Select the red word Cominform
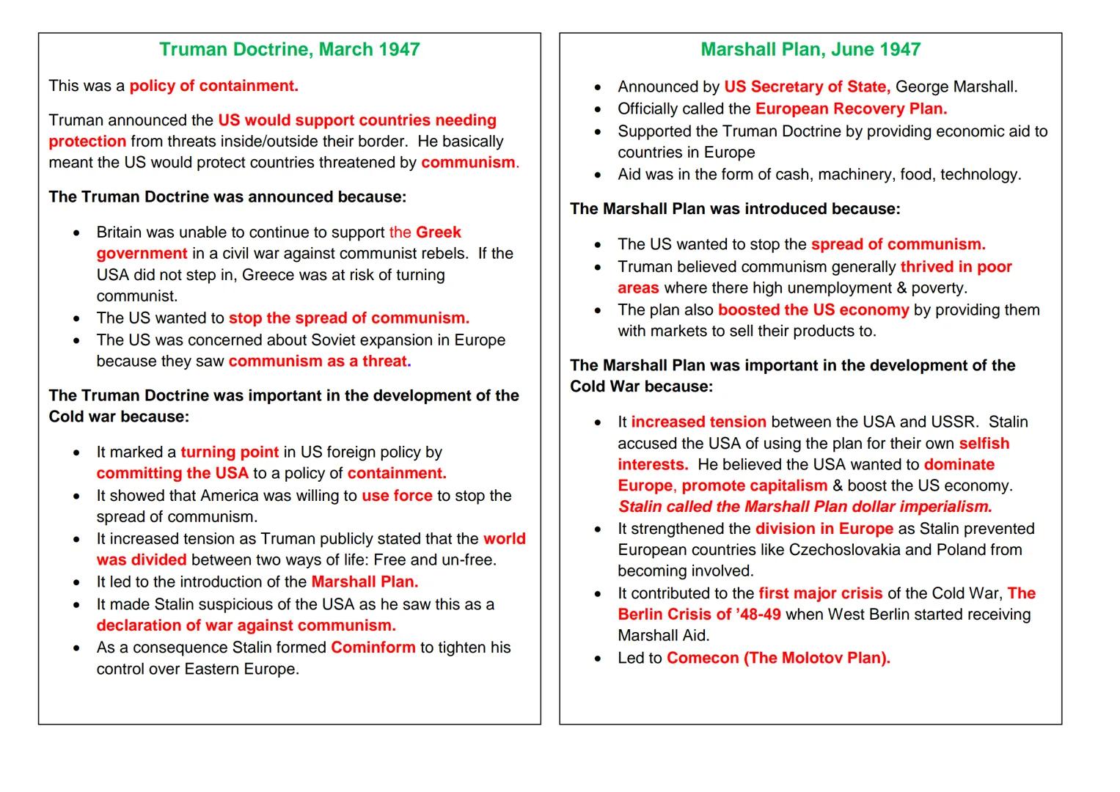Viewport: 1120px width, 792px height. point(373,648)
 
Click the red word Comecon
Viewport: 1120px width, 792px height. point(703,658)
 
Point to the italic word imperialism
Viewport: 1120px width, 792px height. point(945,507)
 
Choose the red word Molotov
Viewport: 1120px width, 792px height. point(812,658)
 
